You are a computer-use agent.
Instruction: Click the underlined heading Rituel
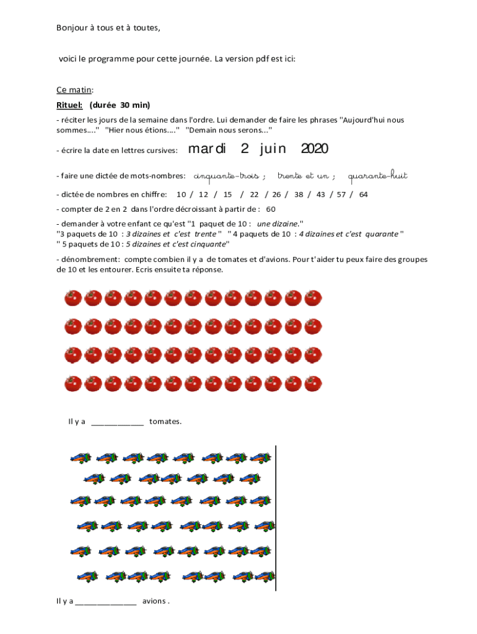click(69, 105)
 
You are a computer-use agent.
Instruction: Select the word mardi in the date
click(207, 149)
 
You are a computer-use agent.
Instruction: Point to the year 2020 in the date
click(314, 149)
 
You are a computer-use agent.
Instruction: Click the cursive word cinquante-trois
click(226, 176)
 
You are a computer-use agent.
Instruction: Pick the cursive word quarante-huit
click(378, 176)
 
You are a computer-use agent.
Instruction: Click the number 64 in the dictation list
click(363, 194)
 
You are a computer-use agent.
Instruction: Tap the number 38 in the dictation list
click(299, 194)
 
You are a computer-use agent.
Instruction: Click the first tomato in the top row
click(73, 298)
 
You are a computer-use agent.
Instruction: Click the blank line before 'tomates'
click(117, 422)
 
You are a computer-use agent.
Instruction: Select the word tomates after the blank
click(165, 422)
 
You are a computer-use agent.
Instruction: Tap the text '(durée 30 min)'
click(120, 105)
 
